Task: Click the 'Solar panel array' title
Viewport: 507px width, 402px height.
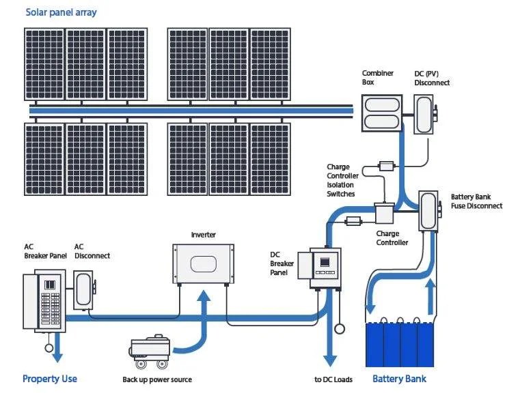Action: click(x=61, y=12)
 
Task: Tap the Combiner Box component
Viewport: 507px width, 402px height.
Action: click(x=382, y=113)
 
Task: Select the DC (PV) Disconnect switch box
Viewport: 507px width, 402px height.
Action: click(x=424, y=114)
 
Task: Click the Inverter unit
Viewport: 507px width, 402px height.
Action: click(x=203, y=264)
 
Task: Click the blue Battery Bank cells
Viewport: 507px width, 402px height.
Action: click(x=400, y=344)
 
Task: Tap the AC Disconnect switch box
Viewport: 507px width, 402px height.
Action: click(x=84, y=290)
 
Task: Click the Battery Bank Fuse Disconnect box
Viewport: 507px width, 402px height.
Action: click(x=429, y=211)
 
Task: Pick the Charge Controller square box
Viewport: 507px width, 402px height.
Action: click(x=384, y=213)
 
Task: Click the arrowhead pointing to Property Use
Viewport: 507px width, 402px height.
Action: click(x=57, y=356)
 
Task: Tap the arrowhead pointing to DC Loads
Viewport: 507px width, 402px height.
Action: click(x=330, y=360)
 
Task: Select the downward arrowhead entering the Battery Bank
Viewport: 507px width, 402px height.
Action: click(x=370, y=309)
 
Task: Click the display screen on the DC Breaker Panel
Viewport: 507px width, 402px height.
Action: click(x=325, y=261)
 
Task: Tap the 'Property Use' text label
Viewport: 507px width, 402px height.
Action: click(x=50, y=379)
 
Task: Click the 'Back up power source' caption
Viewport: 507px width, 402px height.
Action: click(x=157, y=379)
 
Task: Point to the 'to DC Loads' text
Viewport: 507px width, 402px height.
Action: click(x=333, y=379)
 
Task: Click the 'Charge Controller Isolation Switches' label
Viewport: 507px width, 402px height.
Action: click(x=343, y=180)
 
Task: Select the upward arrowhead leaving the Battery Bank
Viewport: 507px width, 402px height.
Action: click(x=430, y=285)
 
